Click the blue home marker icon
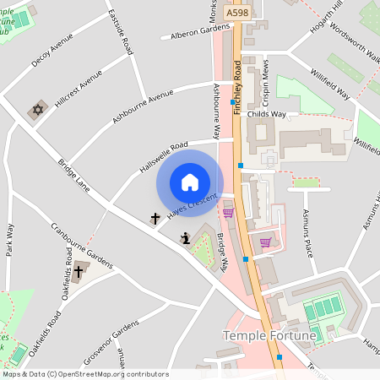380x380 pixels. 190,182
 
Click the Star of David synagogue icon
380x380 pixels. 37,110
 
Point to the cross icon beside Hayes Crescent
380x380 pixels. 155,219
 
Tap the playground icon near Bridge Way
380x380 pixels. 184,239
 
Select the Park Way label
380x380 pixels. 9,240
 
